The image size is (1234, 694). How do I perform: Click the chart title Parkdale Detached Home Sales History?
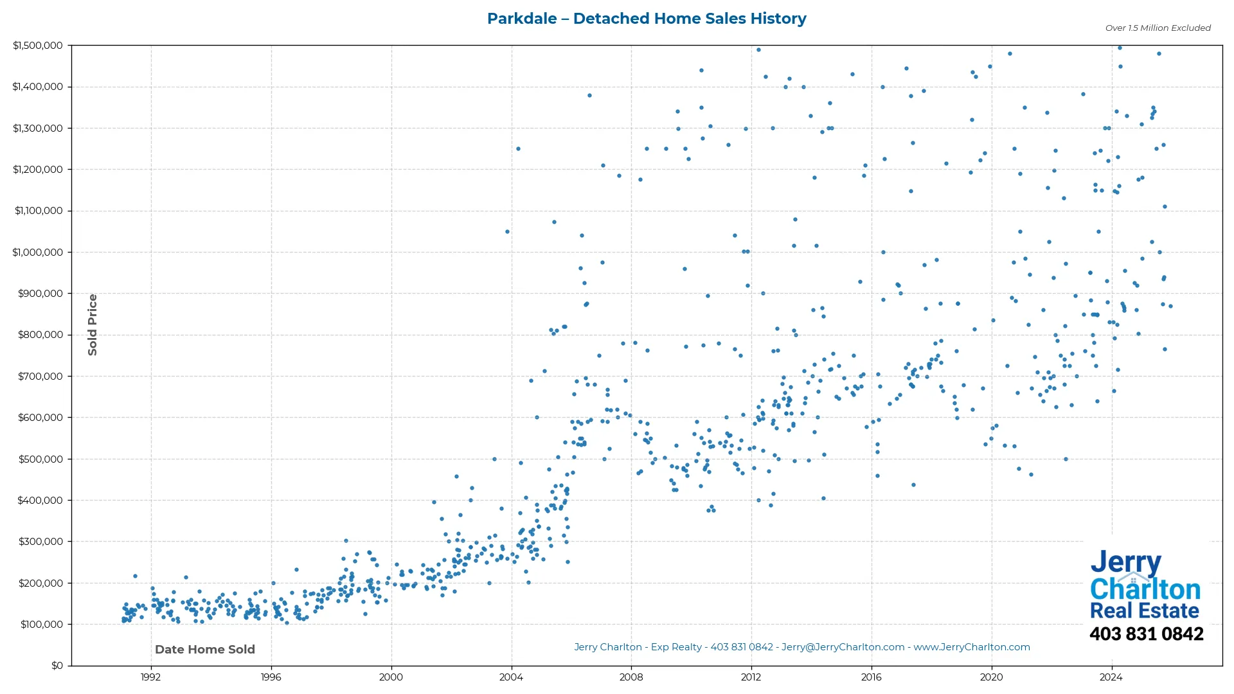[x=647, y=19]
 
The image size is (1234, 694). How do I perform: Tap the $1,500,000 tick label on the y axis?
[x=38, y=46]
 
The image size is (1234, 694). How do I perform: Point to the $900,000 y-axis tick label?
[x=40, y=294]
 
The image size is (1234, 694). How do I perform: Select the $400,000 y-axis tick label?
[x=40, y=501]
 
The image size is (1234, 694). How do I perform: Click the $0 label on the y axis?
[x=57, y=666]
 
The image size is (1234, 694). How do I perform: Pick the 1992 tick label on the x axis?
[x=151, y=677]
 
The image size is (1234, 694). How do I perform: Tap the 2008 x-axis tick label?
[x=631, y=677]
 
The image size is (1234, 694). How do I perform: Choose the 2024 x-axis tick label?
[x=1111, y=677]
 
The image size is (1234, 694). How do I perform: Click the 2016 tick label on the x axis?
[x=872, y=677]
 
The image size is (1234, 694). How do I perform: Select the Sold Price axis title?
[x=93, y=325]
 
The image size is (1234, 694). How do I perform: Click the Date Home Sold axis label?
[x=205, y=650]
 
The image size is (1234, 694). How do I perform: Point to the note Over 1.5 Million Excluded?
[x=1158, y=28]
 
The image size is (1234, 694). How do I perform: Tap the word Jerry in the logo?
[x=1125, y=563]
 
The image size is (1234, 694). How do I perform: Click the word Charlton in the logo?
[x=1145, y=589]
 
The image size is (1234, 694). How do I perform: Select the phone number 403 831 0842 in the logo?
[x=1146, y=634]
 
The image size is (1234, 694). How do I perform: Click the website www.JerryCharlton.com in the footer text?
[x=972, y=647]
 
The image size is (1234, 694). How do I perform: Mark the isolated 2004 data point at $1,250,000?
[x=518, y=149]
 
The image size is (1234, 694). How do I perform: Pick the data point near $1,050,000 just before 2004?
[x=507, y=232]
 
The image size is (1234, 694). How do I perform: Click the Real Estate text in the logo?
[x=1145, y=610]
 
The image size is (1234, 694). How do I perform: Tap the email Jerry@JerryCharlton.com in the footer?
[x=843, y=647]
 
